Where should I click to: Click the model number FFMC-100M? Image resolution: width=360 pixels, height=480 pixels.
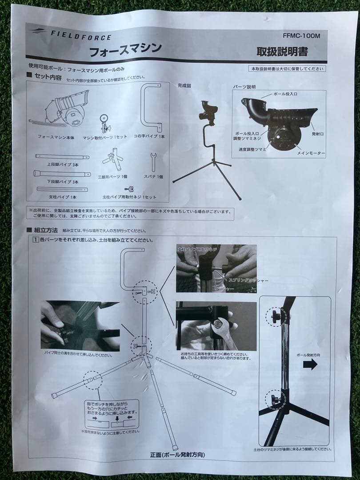tap(301, 36)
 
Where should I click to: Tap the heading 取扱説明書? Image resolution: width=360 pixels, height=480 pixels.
tap(282, 52)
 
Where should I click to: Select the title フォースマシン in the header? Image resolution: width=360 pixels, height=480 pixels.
tap(125, 49)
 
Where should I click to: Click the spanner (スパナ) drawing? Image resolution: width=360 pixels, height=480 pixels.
tap(154, 162)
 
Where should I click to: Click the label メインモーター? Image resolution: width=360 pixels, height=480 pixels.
tap(311, 153)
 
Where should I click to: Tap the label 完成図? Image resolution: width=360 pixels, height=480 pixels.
tap(184, 85)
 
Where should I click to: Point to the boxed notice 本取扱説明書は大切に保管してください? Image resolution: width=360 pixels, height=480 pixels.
tap(287, 69)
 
